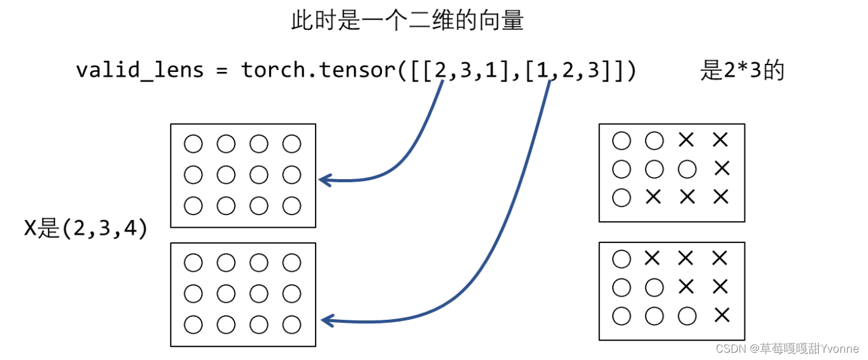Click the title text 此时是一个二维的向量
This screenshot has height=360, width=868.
click(407, 22)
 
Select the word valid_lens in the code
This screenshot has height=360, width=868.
click(139, 70)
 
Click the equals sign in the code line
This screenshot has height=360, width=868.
click(222, 71)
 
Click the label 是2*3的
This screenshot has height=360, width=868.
click(742, 71)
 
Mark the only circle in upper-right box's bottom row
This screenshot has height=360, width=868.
click(621, 197)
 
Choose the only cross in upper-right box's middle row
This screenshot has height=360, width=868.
click(721, 168)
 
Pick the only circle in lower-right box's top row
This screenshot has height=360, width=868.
click(621, 259)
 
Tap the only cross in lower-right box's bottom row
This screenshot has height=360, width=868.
click(721, 315)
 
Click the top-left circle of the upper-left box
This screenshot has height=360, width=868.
click(193, 144)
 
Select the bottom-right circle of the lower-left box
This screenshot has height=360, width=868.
click(292, 324)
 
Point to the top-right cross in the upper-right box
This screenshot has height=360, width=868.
click(720, 140)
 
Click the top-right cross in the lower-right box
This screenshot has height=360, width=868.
click(719, 259)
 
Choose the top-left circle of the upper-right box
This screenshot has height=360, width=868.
click(621, 141)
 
